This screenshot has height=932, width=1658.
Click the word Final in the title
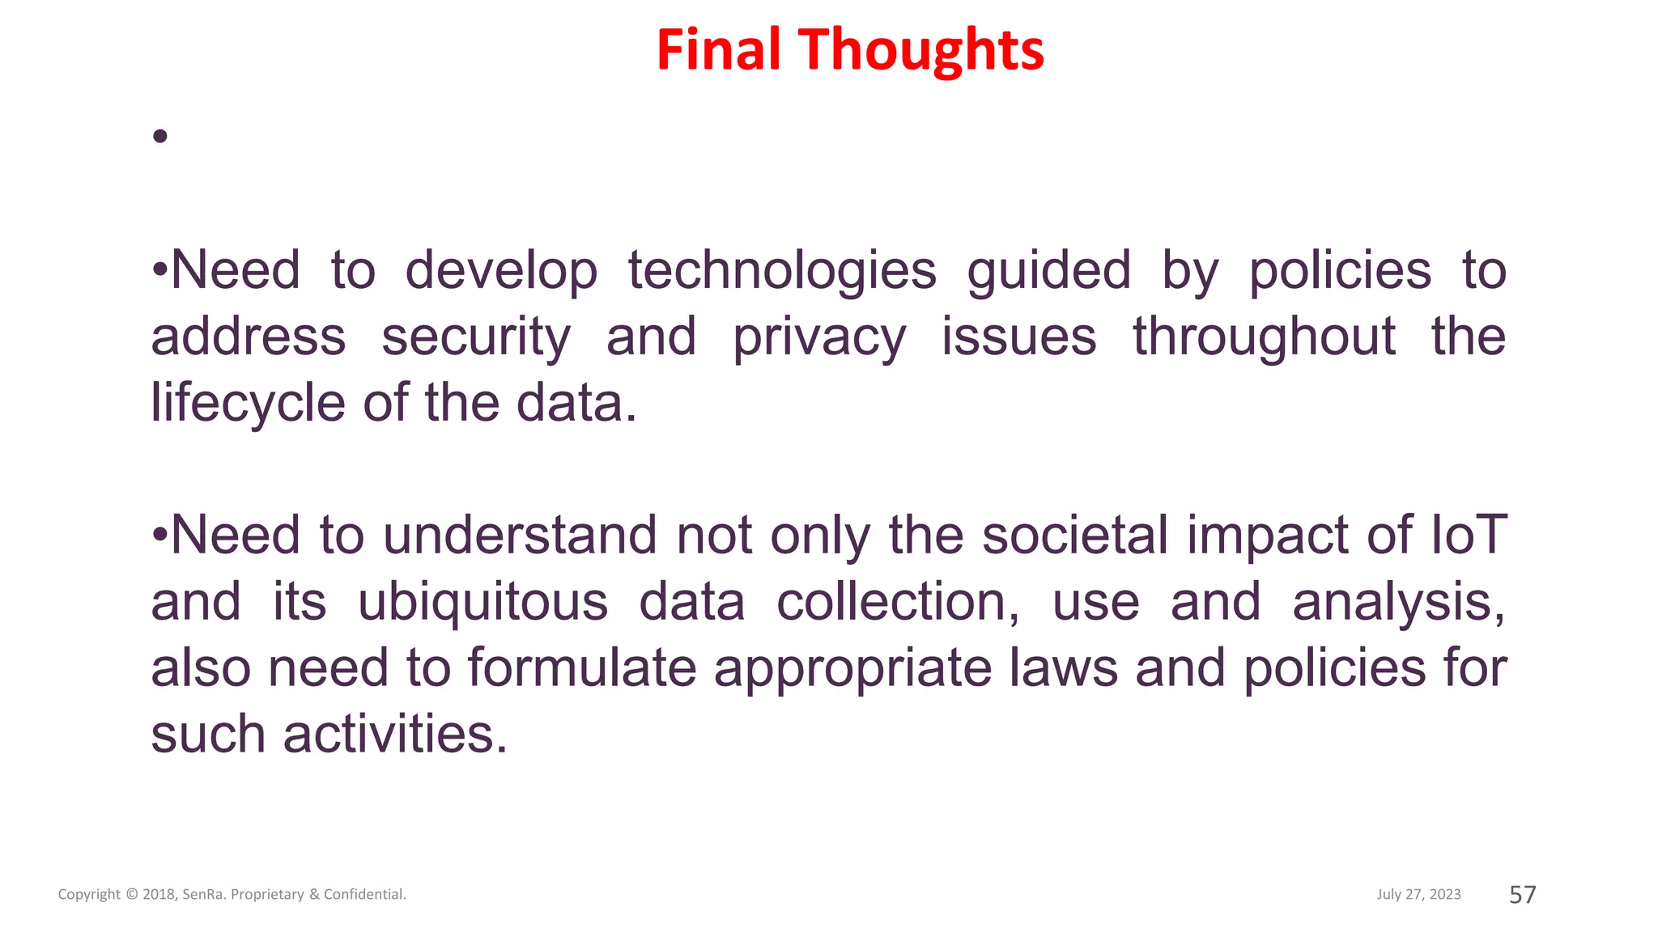point(718,49)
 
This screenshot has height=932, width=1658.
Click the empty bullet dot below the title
point(160,136)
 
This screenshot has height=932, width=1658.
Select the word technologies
point(782,271)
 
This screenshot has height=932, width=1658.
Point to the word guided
point(1048,271)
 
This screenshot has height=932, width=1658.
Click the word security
point(476,337)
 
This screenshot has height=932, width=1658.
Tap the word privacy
point(819,337)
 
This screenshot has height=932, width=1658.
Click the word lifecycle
point(248,403)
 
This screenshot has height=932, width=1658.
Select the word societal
point(1075,535)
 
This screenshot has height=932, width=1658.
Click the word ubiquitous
point(483,603)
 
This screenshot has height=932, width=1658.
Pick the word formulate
point(581,668)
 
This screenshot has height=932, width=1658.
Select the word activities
point(395,735)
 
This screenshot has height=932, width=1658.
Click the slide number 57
point(1522,894)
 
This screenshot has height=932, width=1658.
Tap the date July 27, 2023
point(1418,894)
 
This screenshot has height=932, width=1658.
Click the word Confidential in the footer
point(364,894)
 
